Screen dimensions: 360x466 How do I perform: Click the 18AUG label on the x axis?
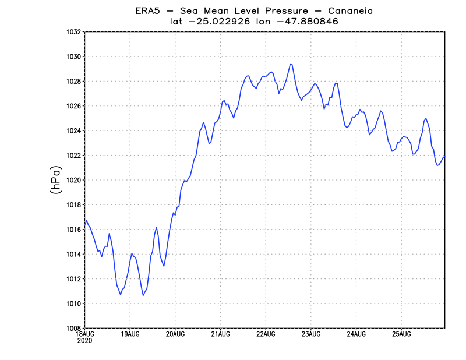click(85, 334)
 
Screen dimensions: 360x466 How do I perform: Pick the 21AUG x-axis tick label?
click(221, 334)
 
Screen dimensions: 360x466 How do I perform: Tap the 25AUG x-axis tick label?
click(401, 334)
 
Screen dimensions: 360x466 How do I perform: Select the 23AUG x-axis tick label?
click(311, 334)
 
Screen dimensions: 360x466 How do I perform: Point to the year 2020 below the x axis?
click(85, 340)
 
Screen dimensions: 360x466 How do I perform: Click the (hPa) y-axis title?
click(56, 180)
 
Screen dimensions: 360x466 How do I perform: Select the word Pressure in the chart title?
click(267, 10)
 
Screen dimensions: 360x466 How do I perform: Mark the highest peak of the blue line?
click(291, 64)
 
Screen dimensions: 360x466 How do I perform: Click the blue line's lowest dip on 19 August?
click(143, 295)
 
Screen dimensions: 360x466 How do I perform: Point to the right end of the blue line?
click(445, 156)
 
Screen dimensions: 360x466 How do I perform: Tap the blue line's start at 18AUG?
click(85, 223)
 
